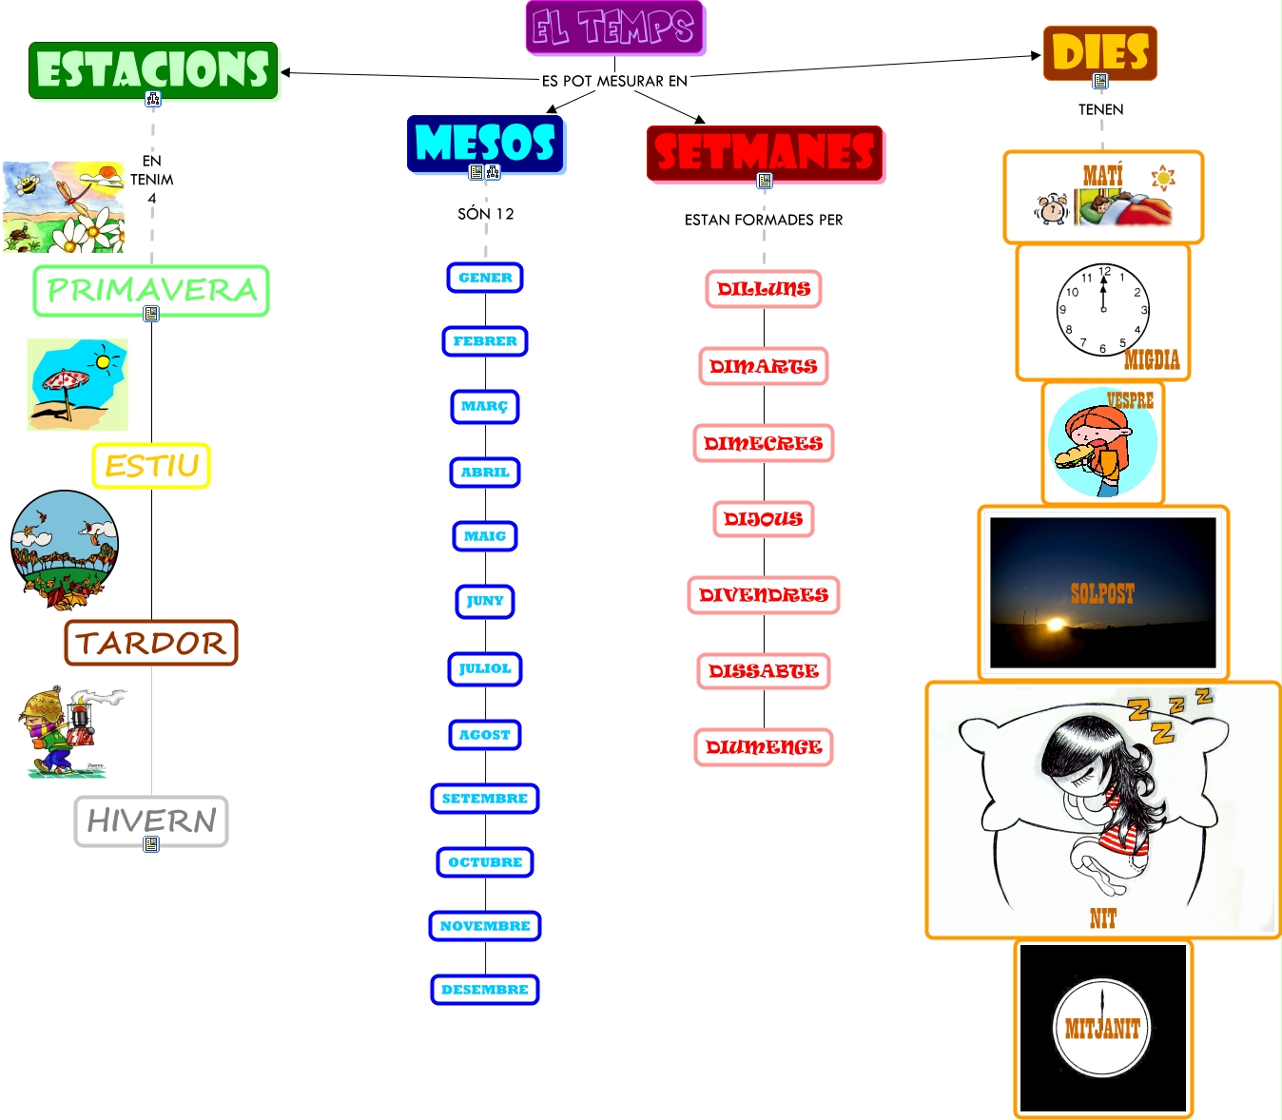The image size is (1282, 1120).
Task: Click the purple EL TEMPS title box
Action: click(614, 28)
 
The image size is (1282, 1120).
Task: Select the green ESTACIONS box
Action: click(153, 69)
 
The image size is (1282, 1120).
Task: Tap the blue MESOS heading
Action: click(486, 144)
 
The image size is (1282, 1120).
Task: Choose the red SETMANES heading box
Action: click(765, 153)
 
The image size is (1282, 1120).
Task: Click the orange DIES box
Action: click(1100, 52)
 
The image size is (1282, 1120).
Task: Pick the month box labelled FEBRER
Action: click(485, 341)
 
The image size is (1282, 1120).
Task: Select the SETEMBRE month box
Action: click(485, 799)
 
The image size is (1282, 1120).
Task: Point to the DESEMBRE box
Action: click(485, 990)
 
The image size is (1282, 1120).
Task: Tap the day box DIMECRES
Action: click(764, 443)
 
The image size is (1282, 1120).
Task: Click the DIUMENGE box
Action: click(764, 747)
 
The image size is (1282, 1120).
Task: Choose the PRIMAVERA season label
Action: click(151, 290)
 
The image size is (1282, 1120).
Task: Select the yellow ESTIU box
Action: click(151, 466)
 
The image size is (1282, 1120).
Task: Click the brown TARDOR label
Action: click(151, 643)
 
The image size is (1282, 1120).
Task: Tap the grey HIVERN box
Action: click(151, 821)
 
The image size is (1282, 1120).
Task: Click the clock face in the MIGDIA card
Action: click(1103, 310)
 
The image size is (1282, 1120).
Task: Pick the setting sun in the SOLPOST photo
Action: click(1055, 625)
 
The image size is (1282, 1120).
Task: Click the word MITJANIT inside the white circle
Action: click(1102, 1028)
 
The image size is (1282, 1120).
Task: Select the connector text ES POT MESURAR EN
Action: click(614, 81)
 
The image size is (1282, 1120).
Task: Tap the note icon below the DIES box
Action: click(1100, 82)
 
